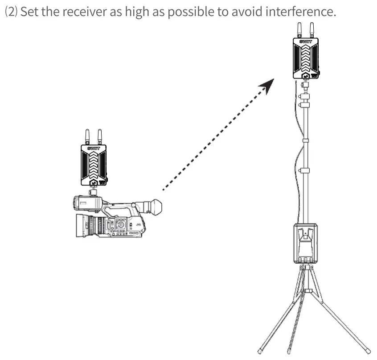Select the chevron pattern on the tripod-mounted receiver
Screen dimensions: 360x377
pyautogui.click(x=306, y=58)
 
